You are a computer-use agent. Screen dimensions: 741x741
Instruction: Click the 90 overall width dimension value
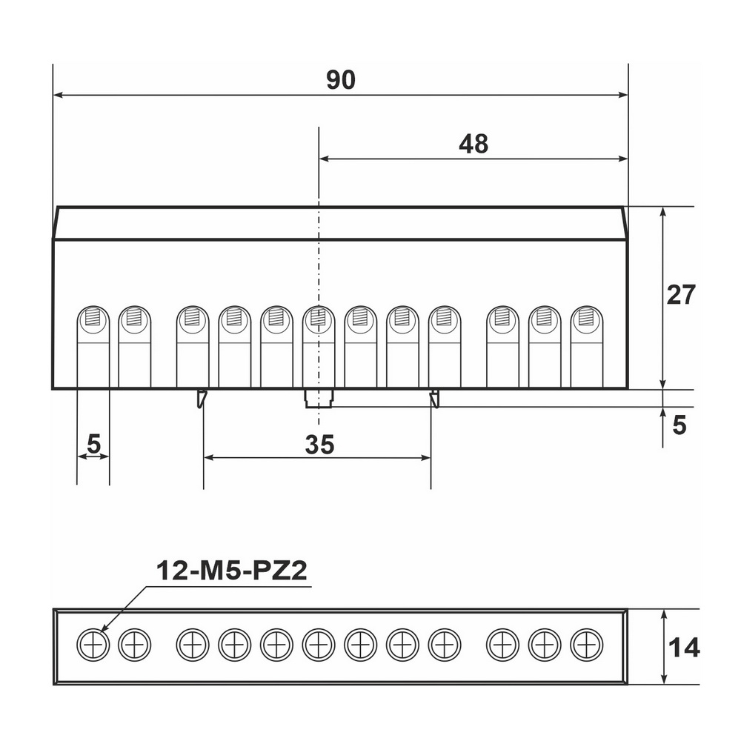click(340, 80)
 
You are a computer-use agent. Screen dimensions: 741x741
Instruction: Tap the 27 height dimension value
click(680, 295)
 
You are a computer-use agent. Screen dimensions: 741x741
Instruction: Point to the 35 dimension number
click(319, 444)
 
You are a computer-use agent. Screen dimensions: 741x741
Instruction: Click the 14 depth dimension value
click(683, 648)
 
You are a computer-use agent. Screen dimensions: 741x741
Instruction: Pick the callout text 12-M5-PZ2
click(231, 571)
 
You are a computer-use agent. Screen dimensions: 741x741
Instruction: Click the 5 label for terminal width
click(94, 444)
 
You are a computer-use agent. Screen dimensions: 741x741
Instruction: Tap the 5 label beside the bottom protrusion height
click(679, 425)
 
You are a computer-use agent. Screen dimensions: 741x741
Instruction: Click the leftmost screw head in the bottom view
click(93, 645)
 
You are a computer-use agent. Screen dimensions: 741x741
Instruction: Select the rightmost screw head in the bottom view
click(586, 645)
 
